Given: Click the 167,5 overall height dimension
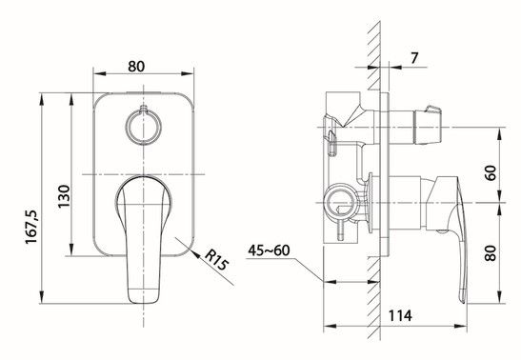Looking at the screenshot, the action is click(31, 227).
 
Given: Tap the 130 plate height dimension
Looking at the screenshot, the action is click(64, 196).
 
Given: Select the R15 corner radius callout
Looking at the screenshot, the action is click(216, 260).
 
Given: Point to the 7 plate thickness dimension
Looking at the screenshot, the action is click(414, 58).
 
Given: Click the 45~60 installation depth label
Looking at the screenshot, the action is click(269, 250).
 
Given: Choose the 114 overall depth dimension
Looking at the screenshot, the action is click(400, 315).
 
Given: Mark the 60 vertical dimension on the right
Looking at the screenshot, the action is click(491, 172).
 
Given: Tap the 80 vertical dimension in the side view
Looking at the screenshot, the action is click(491, 253).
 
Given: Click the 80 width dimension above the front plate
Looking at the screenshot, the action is click(136, 67).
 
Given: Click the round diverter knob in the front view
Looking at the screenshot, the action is click(143, 127).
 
